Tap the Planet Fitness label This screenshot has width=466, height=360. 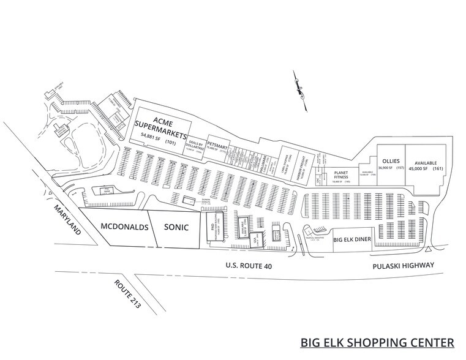[x=340, y=175]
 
